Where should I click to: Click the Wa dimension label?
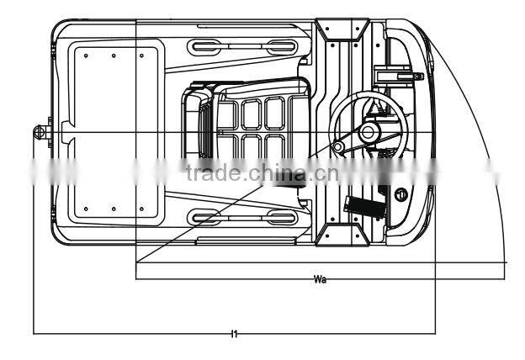pos(319,278)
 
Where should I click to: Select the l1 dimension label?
pos(235,335)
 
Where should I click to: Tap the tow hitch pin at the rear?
pos(39,131)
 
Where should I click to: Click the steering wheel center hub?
pos(369,133)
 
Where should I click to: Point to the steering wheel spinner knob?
pos(338,148)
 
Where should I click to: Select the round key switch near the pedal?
pos(402,194)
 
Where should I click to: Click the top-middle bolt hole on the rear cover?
pos(114,56)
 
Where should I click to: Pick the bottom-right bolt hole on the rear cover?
pos(141,209)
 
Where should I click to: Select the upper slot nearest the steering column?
pos(274,45)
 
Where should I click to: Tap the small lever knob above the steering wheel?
pos(417,77)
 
